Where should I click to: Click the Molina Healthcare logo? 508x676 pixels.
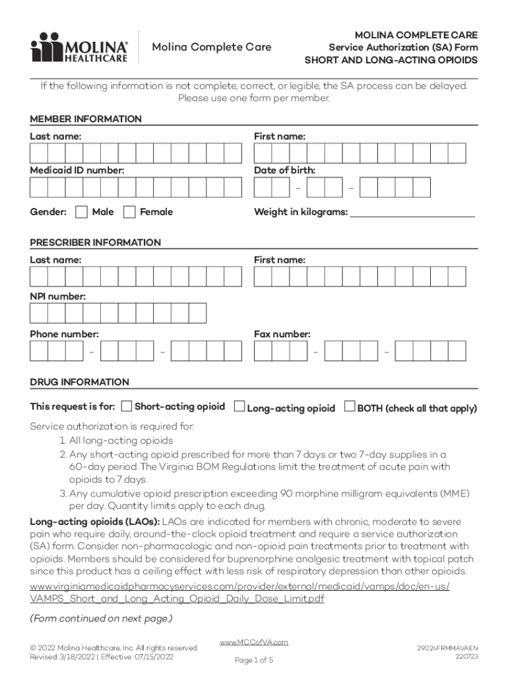pyautogui.click(x=79, y=48)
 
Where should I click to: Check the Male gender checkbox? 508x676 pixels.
pyautogui.click(x=81, y=212)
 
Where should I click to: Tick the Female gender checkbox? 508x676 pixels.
pyautogui.click(x=129, y=212)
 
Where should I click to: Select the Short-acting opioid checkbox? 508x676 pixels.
pyautogui.click(x=127, y=406)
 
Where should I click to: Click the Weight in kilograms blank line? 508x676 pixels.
pyautogui.click(x=412, y=213)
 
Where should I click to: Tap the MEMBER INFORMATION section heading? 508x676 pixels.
pyautogui.click(x=86, y=119)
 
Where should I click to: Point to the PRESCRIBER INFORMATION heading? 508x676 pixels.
pyautogui.click(x=95, y=242)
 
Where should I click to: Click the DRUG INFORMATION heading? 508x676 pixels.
pyautogui.click(x=79, y=382)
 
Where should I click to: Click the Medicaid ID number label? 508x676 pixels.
pyautogui.click(x=77, y=170)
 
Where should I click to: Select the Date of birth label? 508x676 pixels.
pyautogui.click(x=284, y=170)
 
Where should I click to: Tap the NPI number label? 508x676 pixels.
pyautogui.click(x=57, y=297)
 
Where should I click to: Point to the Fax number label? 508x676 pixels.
pyautogui.click(x=282, y=334)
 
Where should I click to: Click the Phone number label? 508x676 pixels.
pyautogui.click(x=64, y=334)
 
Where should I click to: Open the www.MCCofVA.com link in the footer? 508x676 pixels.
pyautogui.click(x=254, y=642)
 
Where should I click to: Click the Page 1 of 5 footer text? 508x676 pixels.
pyautogui.click(x=254, y=660)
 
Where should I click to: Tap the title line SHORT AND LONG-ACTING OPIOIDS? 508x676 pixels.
pyautogui.click(x=391, y=60)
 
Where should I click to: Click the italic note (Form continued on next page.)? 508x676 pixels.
pyautogui.click(x=101, y=619)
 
